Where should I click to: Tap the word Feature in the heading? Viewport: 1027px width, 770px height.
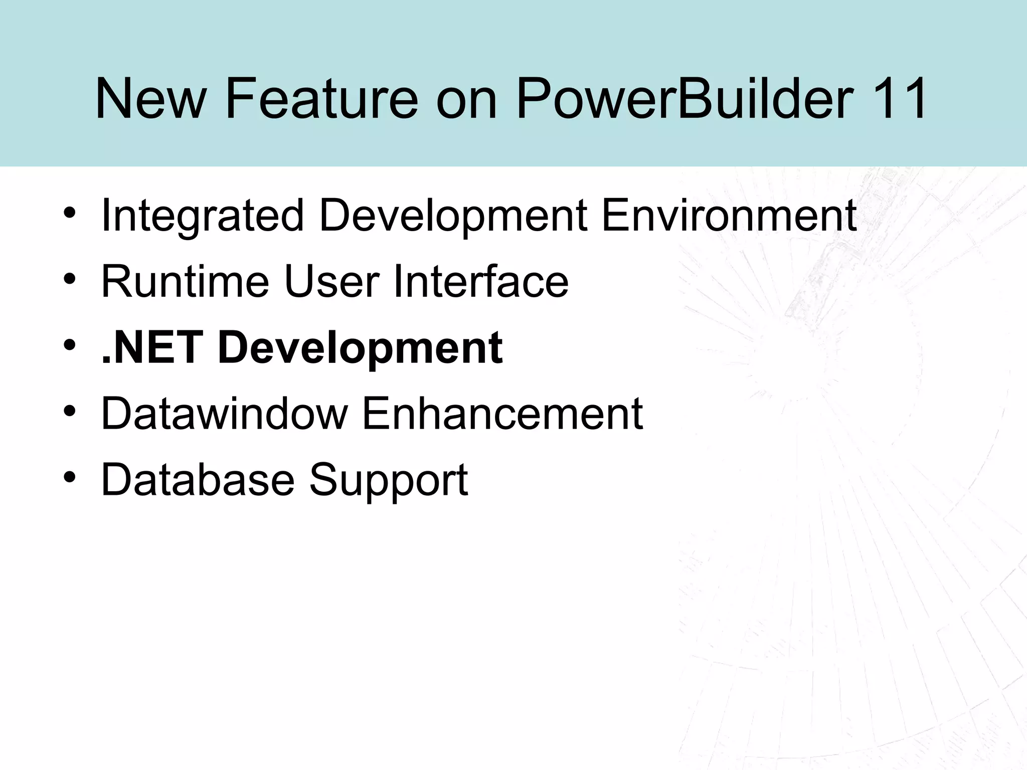(x=321, y=99)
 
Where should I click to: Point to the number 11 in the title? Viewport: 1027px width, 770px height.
(x=900, y=99)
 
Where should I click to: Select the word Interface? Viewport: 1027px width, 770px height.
(x=481, y=282)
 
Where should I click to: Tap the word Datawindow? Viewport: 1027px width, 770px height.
(x=224, y=414)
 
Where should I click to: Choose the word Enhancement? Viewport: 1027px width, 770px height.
(x=502, y=414)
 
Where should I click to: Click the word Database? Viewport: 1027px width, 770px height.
(x=198, y=479)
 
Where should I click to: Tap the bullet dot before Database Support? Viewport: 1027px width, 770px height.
(x=70, y=476)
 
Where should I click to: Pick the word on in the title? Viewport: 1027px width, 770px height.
(x=466, y=99)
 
